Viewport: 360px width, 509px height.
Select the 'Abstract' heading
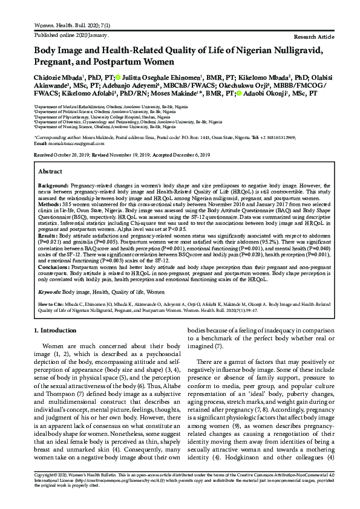(x=51, y=172)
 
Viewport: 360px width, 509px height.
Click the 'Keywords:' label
(x=51, y=291)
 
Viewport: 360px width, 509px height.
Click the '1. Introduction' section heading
(x=56, y=331)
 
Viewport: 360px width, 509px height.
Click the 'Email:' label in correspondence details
(x=41, y=143)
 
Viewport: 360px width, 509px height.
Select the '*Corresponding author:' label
(x=57, y=138)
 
